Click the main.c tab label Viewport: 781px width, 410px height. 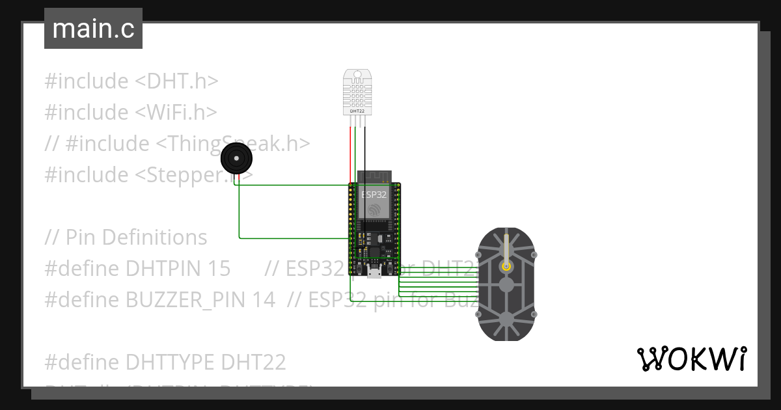click(93, 29)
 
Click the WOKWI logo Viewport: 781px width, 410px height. click(691, 359)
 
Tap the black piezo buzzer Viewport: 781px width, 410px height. click(236, 159)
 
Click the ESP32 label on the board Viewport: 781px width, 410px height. click(374, 194)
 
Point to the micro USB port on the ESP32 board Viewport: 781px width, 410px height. click(374, 273)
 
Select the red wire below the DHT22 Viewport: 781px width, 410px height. click(351, 150)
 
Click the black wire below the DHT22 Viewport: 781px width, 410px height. click(365, 150)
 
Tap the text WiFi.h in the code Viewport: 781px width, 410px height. click(176, 113)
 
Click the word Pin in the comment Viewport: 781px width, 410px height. click(81, 238)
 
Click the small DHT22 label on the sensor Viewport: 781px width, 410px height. click(357, 111)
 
